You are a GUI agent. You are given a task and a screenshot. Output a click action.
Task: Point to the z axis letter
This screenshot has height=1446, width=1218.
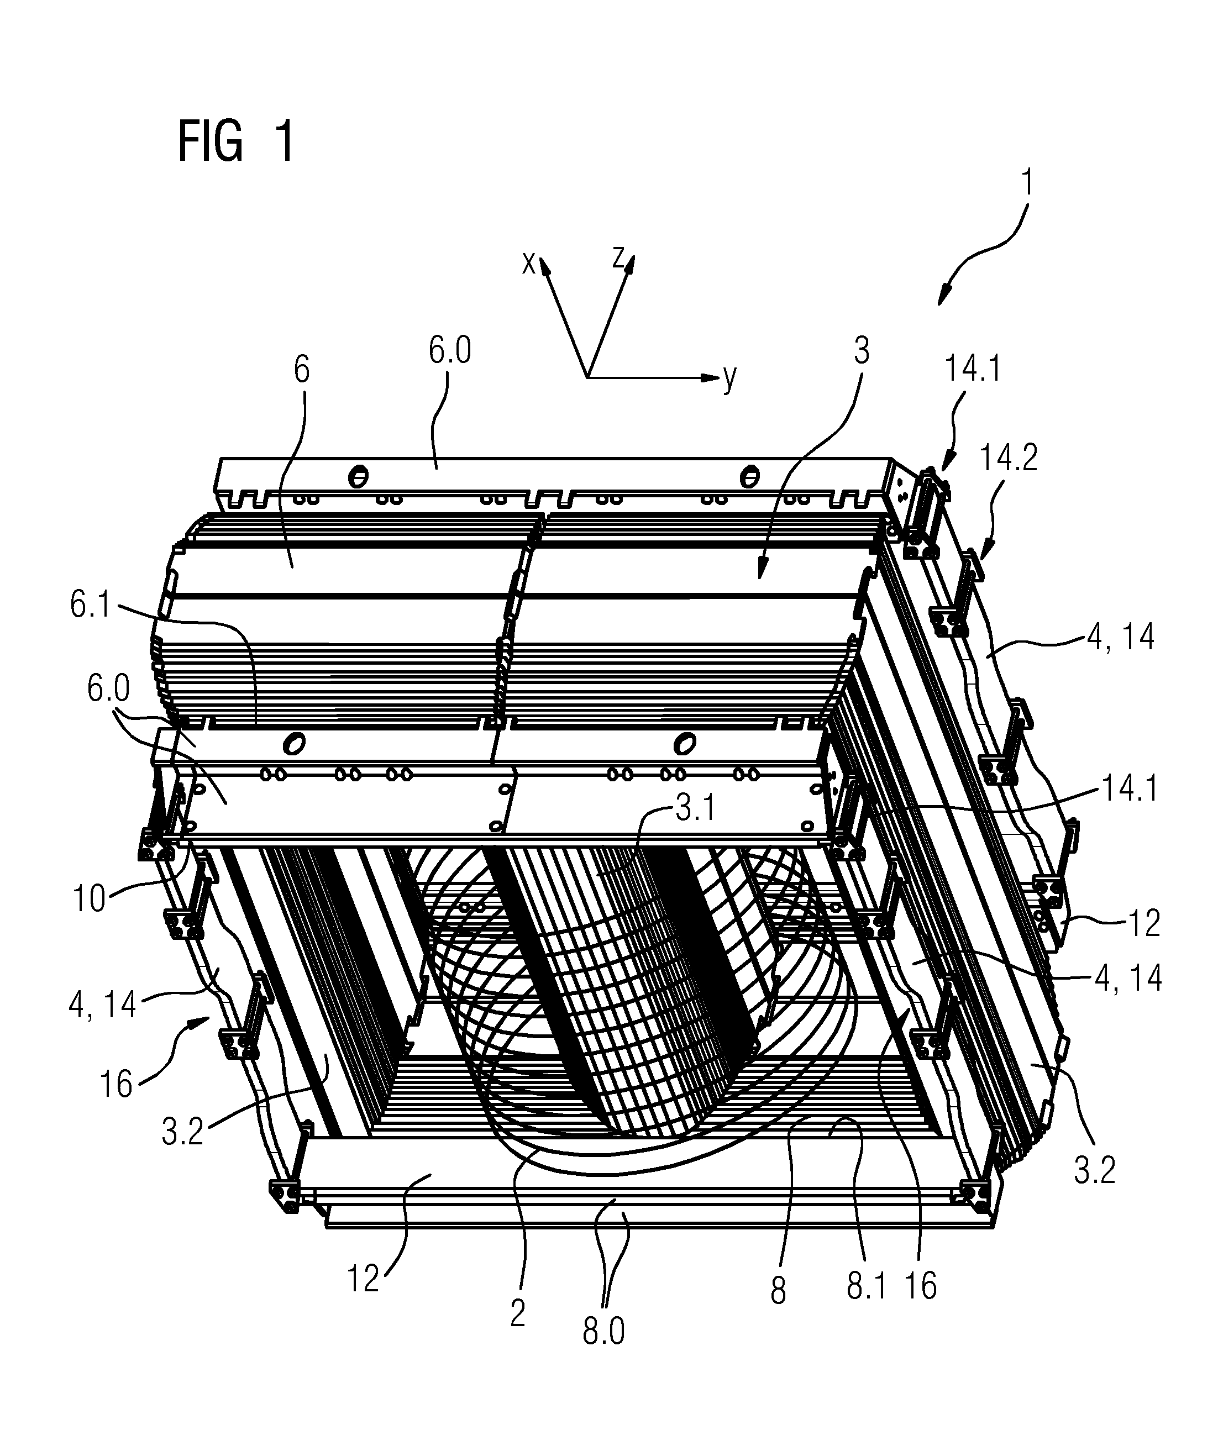[x=618, y=257]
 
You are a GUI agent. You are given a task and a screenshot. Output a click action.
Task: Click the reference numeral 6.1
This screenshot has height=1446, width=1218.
[x=91, y=604]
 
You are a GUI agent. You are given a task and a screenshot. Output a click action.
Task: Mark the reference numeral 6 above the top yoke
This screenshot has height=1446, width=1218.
[x=302, y=370]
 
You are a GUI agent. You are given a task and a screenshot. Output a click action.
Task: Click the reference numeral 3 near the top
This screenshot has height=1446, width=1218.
[x=861, y=351]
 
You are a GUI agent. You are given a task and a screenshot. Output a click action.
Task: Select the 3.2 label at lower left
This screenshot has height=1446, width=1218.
[x=182, y=1132]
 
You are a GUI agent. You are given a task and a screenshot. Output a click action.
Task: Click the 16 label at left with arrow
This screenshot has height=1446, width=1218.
[x=116, y=1084]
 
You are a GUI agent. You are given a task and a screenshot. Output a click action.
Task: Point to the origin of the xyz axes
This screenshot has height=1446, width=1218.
[x=587, y=377]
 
